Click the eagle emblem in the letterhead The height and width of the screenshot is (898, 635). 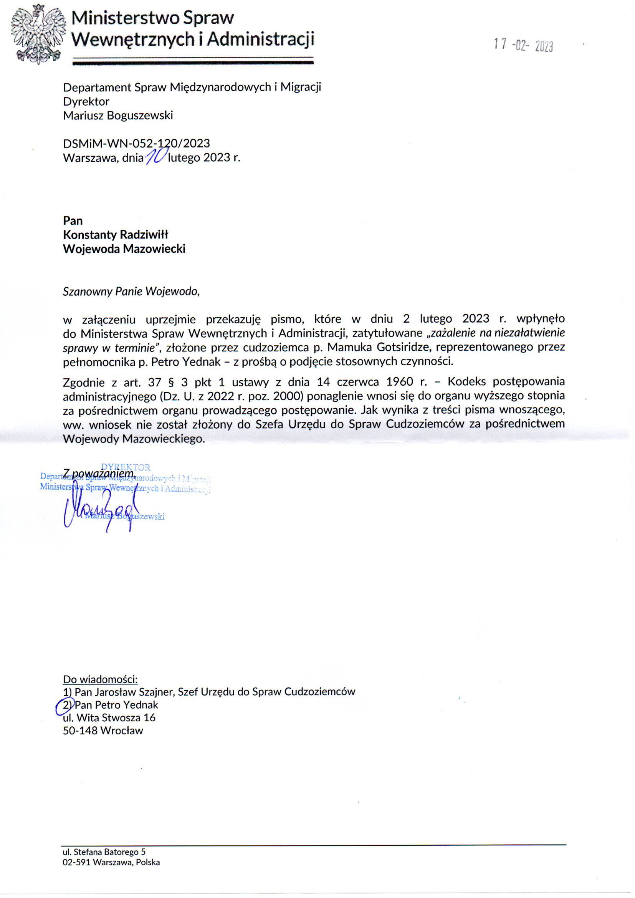38,35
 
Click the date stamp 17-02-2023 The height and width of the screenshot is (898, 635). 523,46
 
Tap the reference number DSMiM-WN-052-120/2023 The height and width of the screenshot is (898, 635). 136,143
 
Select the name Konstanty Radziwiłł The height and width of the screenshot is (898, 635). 115,235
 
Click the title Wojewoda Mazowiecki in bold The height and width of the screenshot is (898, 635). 124,249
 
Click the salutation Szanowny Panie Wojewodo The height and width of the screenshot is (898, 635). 131,292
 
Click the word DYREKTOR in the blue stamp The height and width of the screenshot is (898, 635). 126,467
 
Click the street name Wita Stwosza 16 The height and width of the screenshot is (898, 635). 116,718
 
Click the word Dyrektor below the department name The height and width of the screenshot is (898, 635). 86,101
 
